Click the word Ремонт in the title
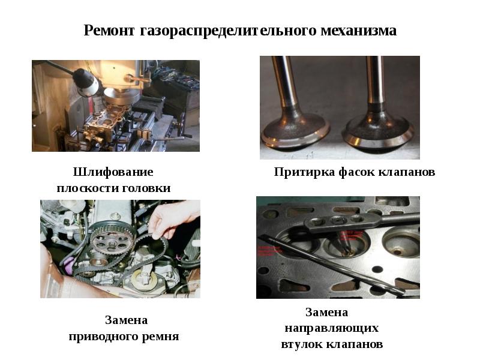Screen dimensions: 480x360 click(x=109, y=31)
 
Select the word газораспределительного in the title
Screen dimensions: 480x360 click(x=227, y=31)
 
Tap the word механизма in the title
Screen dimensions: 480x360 click(x=358, y=31)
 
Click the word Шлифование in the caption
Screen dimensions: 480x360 click(x=113, y=172)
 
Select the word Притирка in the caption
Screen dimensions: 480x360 click(x=304, y=172)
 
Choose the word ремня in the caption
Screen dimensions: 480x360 click(x=160, y=337)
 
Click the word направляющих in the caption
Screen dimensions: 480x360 click(x=332, y=328)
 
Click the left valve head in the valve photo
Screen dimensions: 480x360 click(x=295, y=131)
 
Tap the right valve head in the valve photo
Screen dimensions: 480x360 click(x=378, y=132)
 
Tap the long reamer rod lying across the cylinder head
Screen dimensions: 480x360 click(x=332, y=264)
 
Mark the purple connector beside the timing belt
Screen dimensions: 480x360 click(x=69, y=265)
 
